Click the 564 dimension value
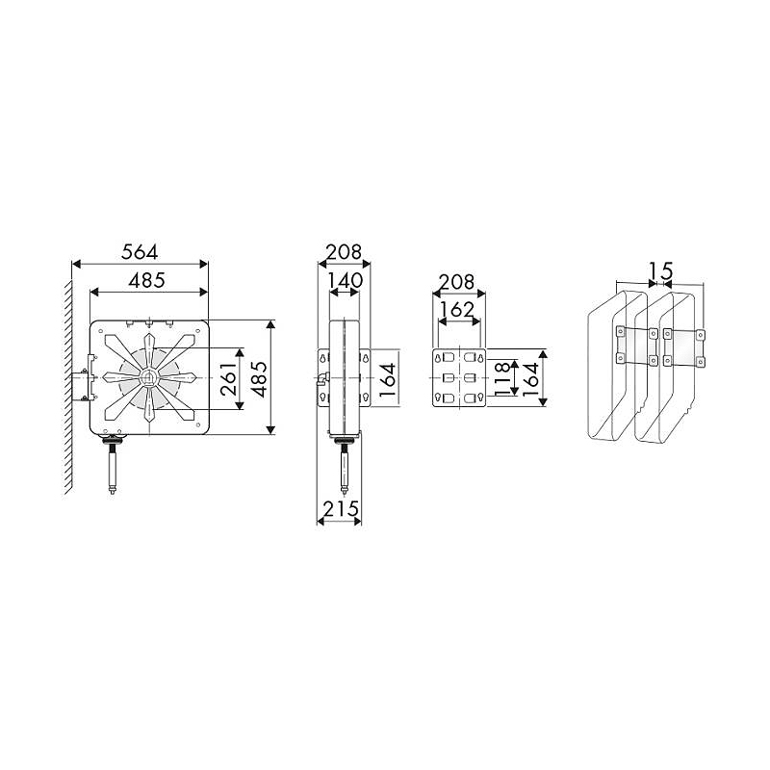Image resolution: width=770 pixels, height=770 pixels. coord(140,252)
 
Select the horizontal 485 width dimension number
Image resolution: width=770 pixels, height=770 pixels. coord(147,280)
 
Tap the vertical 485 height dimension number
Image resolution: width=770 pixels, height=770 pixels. coord(259,379)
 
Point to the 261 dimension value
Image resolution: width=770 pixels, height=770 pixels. coord(229,379)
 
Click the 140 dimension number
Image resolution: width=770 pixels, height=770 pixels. coord(345,281)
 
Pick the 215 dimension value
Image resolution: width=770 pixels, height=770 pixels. coord(341,509)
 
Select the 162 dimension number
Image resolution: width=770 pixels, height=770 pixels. coord(456,310)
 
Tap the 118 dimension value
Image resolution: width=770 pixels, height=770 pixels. coord(502,378)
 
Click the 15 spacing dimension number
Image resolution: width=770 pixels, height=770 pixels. coord(661,270)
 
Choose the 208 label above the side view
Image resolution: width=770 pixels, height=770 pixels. coord(345,252)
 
